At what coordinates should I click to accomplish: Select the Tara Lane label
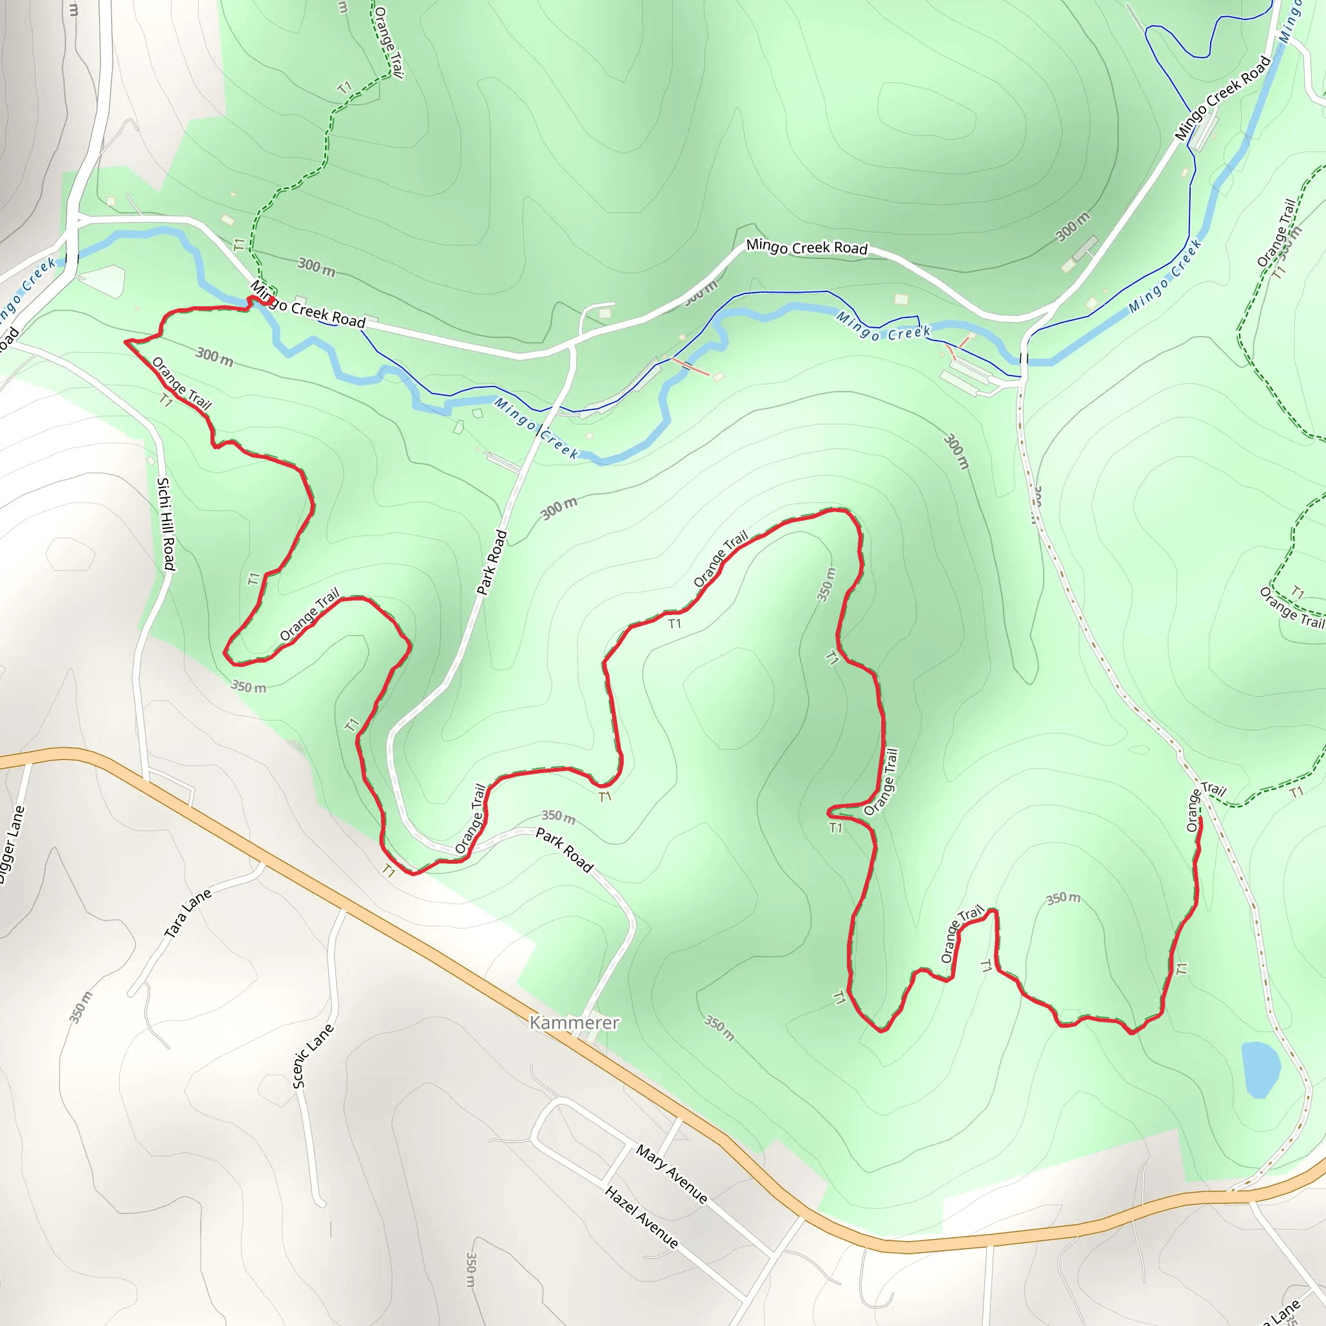pos(187,914)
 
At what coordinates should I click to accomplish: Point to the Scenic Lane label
pos(313,1055)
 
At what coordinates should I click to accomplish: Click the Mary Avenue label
pos(671,1174)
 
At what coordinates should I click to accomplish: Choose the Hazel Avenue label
pos(642,1216)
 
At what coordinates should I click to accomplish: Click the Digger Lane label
pos(12,845)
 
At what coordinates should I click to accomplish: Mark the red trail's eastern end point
pos(1200,819)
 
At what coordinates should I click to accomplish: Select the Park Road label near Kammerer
pos(564,849)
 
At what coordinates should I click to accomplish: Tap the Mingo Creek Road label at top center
pos(807,247)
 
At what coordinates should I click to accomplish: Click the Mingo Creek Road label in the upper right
pos(1222,98)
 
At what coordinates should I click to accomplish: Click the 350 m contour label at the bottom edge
pos(471,1270)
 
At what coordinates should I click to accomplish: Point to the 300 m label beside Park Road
pos(559,508)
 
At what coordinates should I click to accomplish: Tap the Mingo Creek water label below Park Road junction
pos(537,428)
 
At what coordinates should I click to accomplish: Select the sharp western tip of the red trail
pos(126,341)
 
